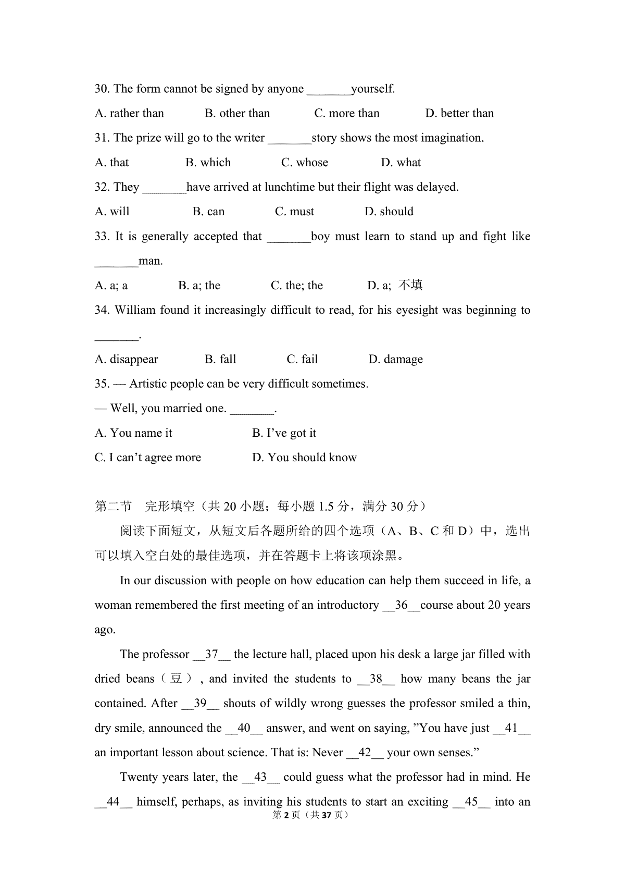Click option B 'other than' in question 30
tap(238, 114)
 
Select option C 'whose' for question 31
tap(305, 163)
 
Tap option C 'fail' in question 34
tap(302, 359)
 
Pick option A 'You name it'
tap(133, 433)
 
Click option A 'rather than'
tap(129, 114)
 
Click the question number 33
tap(102, 237)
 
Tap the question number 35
tap(102, 384)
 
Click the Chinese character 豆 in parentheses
tap(176, 679)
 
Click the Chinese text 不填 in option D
tap(410, 285)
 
